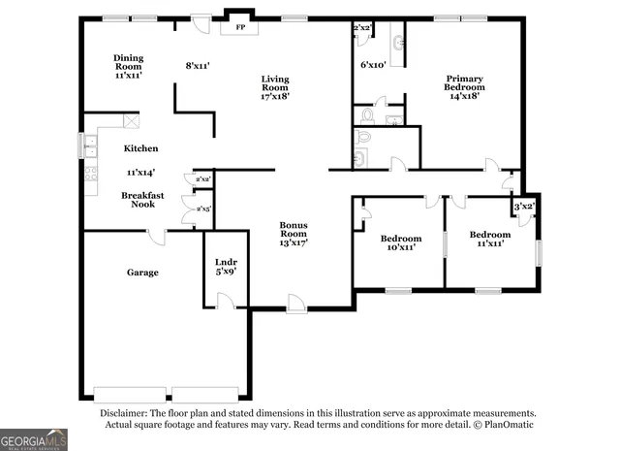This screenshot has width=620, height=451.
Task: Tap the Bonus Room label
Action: (294, 234)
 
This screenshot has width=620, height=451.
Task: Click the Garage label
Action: (141, 273)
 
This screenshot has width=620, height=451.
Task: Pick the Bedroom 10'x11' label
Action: (400, 242)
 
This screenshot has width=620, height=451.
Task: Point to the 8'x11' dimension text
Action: (198, 65)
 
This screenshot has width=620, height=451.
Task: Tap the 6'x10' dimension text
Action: (374, 65)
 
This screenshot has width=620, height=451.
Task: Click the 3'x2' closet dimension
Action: (524, 207)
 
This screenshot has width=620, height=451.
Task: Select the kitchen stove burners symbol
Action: (89, 176)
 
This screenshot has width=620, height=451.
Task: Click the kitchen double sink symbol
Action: (89, 147)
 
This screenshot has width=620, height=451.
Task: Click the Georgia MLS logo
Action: (34, 439)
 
